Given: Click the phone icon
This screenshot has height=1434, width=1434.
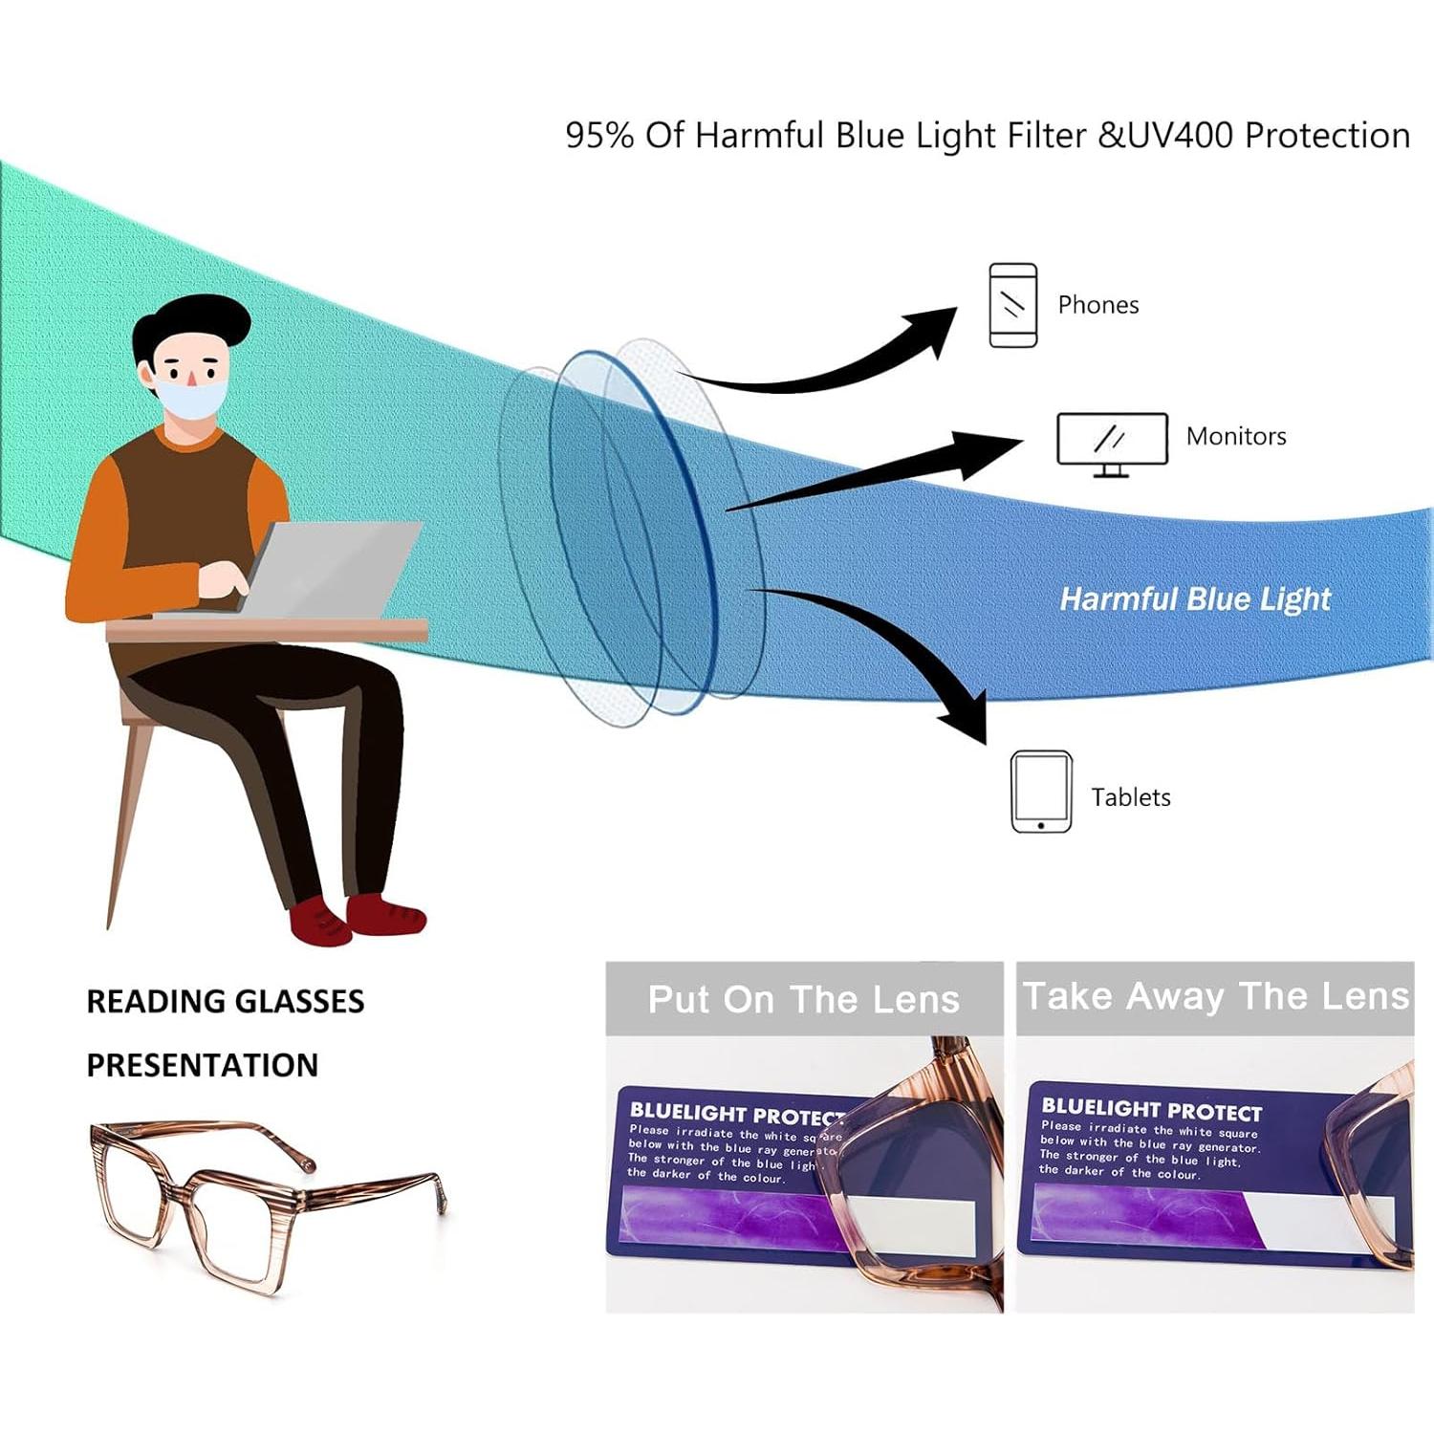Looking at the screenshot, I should point(1012,305).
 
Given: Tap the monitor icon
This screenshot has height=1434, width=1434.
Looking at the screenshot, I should point(1112,443).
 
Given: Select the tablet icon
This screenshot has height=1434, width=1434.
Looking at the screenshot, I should point(1041,792).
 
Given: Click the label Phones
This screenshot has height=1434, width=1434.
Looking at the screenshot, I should point(1097,305).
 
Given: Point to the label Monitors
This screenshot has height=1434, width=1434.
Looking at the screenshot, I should point(1235,437).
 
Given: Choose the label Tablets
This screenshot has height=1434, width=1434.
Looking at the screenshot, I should point(1130,797).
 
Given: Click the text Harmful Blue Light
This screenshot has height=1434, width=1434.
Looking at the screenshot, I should point(1195,599).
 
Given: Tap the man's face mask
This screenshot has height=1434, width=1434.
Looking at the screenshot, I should point(194,398).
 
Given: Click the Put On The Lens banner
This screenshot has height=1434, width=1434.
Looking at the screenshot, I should point(804,999).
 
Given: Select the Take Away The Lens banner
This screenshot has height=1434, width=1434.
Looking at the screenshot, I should point(1215,997).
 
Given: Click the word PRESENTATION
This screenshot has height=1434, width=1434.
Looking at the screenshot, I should point(202,1065).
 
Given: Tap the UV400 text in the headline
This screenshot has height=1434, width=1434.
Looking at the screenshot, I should point(1180,135).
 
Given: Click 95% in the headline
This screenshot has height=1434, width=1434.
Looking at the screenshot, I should point(599,135).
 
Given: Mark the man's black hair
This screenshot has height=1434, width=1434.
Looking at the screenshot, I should point(191,321).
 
